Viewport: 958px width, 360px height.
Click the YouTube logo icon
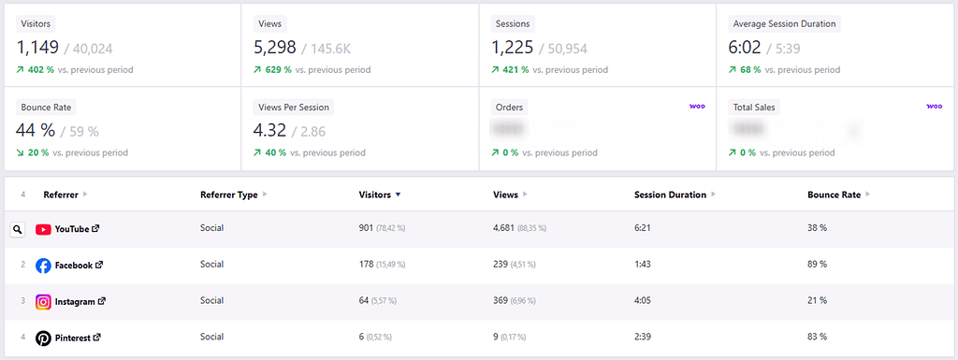(43, 229)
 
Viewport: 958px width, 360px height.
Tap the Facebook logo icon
(43, 266)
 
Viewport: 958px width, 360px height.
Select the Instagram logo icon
(43, 301)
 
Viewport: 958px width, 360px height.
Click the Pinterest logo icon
(43, 338)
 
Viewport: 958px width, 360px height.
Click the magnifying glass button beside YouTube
(17, 229)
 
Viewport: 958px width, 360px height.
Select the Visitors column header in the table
(375, 194)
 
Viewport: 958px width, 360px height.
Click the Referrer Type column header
(229, 194)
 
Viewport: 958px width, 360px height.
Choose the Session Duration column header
(670, 194)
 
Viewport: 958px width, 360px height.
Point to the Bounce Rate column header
(834, 194)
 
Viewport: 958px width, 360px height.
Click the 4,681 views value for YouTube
(507, 229)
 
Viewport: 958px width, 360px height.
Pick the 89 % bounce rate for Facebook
(817, 265)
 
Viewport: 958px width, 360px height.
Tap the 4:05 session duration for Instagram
(643, 301)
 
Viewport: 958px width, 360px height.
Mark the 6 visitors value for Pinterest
(362, 338)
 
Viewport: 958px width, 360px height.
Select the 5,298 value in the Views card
(275, 47)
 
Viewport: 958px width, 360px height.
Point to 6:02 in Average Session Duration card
(748, 47)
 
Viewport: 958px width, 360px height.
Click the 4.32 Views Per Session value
(271, 131)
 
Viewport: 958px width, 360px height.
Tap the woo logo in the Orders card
(697, 107)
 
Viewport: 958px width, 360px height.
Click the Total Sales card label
(755, 108)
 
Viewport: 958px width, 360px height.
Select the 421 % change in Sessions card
(515, 70)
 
